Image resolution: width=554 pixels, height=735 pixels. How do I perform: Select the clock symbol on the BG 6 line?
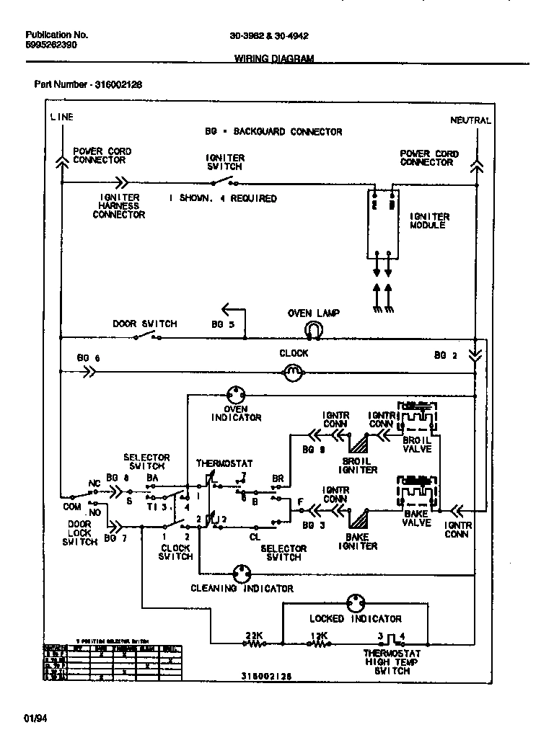click(293, 373)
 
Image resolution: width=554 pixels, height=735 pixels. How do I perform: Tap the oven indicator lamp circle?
click(237, 395)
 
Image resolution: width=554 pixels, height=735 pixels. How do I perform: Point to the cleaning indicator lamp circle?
click(241, 574)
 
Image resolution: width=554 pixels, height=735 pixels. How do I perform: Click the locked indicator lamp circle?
click(355, 603)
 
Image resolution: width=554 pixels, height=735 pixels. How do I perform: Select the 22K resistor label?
click(254, 635)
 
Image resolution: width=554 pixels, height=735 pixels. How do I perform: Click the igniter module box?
click(382, 223)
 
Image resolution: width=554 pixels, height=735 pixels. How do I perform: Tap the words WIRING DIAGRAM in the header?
click(274, 59)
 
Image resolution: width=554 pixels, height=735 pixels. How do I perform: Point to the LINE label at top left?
click(61, 117)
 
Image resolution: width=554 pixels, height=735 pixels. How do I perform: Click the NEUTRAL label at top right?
click(470, 120)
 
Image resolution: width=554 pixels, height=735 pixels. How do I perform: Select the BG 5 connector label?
click(223, 324)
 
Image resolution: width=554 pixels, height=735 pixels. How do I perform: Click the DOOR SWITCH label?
click(144, 324)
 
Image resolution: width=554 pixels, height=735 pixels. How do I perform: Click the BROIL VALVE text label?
click(417, 445)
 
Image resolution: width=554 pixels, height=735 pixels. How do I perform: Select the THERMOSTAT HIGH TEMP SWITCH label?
click(392, 661)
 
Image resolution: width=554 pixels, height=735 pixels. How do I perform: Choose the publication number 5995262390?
click(51, 45)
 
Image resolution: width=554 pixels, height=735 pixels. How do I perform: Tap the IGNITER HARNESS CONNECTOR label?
click(119, 205)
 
